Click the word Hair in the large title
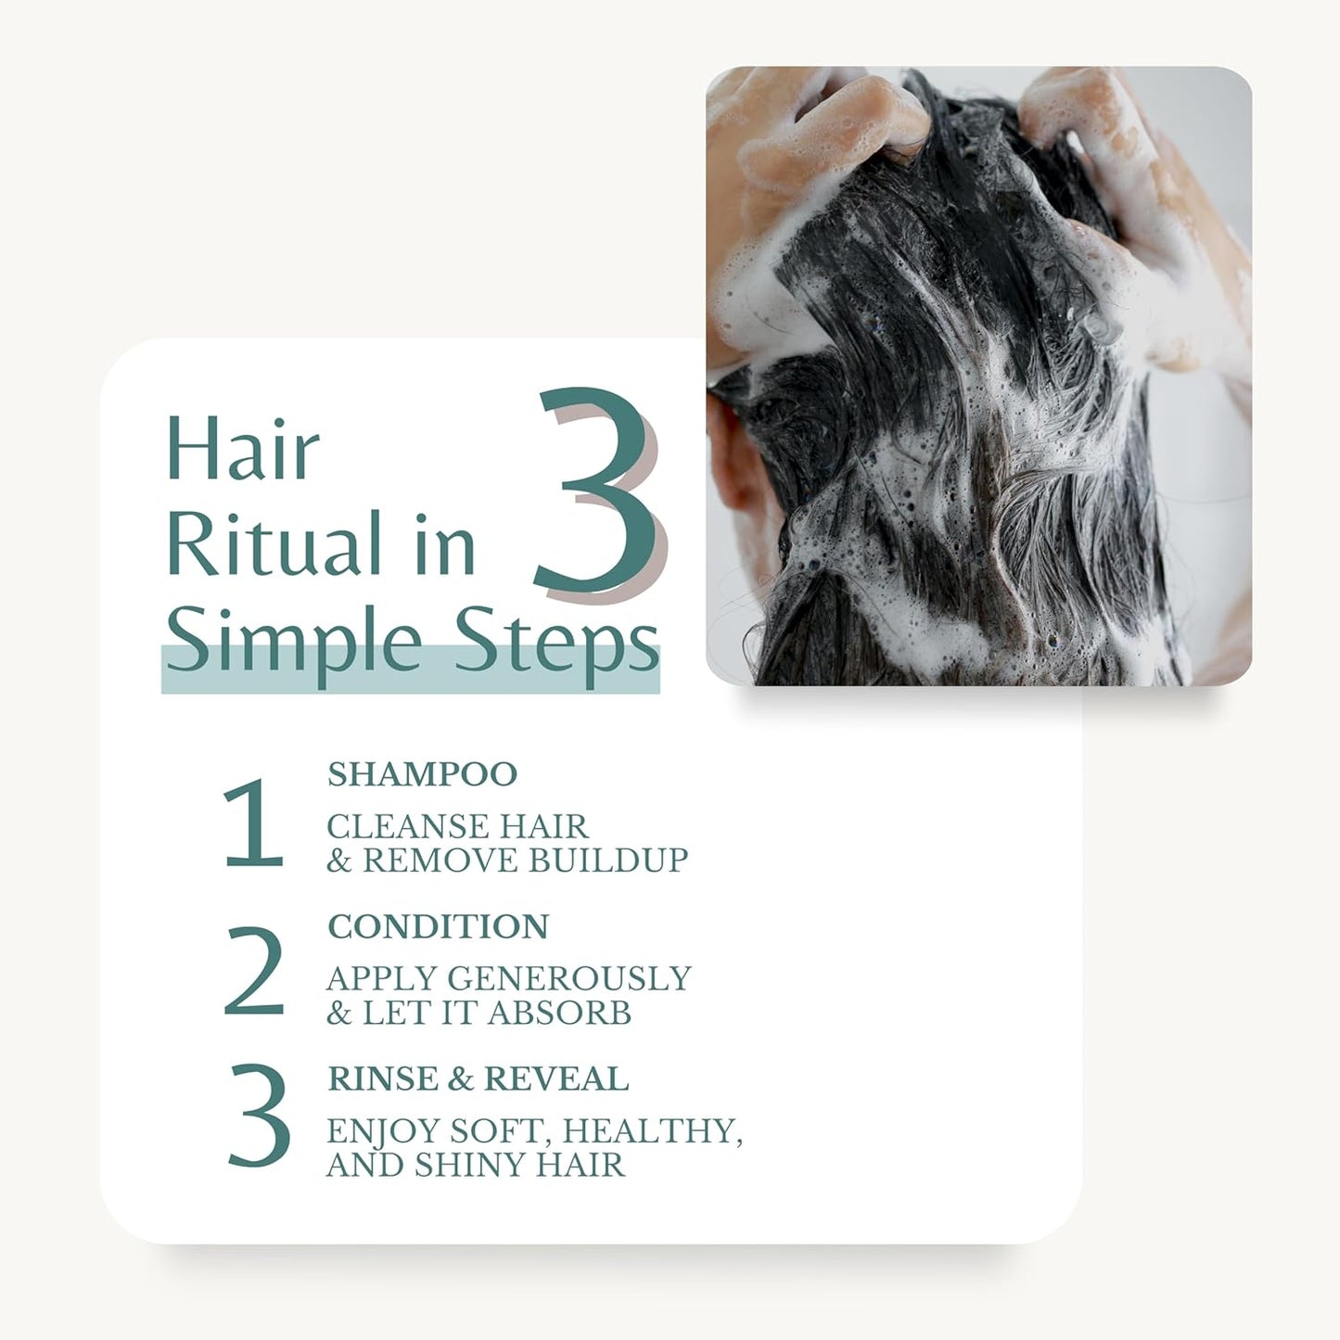243,451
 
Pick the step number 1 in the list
253,824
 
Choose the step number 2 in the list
254,972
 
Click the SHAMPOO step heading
422,774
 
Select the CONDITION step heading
438,926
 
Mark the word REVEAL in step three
555,1079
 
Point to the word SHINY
472,1165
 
